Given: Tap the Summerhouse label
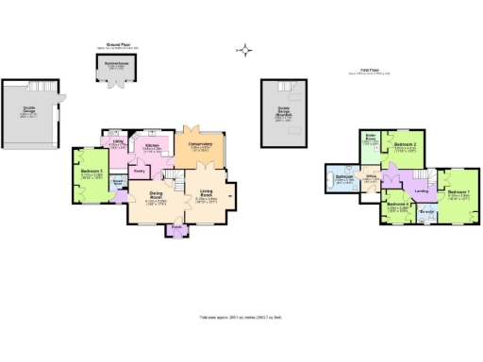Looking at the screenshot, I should [x=116, y=65].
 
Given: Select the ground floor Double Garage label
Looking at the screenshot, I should [x=29, y=109].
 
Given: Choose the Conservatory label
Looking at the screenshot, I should [x=200, y=144].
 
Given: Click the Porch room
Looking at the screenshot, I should [x=176, y=227].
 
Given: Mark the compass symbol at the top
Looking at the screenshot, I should [x=246, y=50].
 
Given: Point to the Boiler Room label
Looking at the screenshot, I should [x=371, y=140].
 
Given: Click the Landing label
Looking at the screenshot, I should [x=423, y=191].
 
